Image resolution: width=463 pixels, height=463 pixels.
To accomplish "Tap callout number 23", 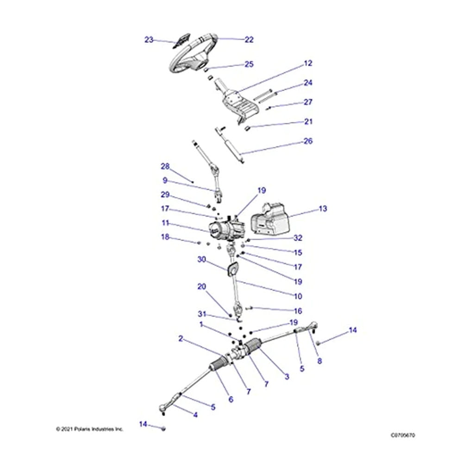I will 149,40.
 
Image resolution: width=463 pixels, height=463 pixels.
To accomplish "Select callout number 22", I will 249,40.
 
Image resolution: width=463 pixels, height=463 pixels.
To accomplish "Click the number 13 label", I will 323,209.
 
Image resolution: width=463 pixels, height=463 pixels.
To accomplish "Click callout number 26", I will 308,141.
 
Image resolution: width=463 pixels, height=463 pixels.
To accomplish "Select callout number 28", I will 165,166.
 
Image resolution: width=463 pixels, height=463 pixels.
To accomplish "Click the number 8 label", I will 319,362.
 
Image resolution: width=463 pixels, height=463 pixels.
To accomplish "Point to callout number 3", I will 287,377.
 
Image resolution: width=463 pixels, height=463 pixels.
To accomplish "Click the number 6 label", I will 231,399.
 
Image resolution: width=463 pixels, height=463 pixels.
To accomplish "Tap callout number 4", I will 195,415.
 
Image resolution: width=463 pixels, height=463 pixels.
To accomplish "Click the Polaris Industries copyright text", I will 90,429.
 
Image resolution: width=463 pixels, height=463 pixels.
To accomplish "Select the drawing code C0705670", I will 403,435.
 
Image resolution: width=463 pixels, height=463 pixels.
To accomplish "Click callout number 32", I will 298,238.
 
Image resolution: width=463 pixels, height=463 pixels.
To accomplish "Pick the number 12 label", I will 308,63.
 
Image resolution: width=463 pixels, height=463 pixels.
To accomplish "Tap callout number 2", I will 181,339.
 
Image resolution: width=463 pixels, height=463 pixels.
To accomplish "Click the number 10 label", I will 298,296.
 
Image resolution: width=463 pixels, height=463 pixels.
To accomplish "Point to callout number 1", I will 201,325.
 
